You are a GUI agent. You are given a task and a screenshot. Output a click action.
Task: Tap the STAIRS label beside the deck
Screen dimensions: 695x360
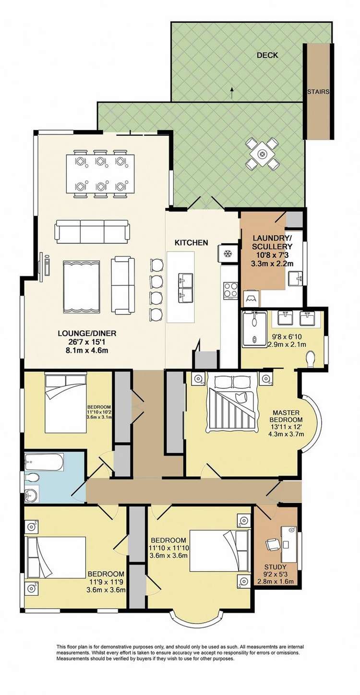(318, 91)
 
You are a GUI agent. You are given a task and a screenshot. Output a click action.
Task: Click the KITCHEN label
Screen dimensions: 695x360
(191, 243)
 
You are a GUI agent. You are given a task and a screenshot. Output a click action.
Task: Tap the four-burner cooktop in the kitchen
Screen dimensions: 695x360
(230, 290)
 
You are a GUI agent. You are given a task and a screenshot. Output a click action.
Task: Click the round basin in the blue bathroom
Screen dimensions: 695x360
(33, 494)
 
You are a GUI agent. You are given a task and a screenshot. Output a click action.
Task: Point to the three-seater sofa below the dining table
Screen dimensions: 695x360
(92, 231)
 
